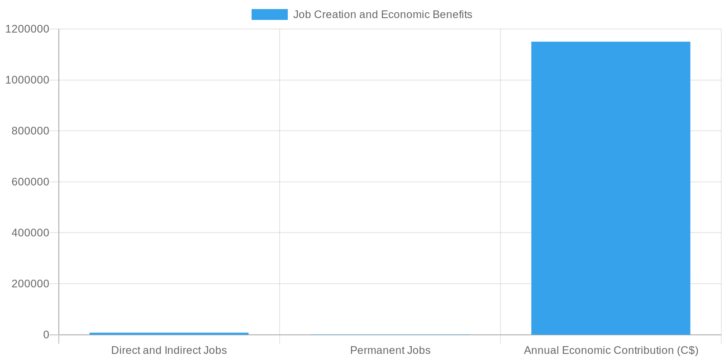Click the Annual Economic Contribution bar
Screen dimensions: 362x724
(x=610, y=188)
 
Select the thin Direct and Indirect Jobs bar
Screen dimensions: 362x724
(x=169, y=333)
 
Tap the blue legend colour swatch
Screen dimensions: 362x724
(x=269, y=14)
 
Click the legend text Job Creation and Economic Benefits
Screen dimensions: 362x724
(x=382, y=14)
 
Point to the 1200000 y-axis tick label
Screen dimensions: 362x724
(x=27, y=29)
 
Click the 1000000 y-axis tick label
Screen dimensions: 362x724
(x=27, y=80)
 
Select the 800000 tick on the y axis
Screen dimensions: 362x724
(x=30, y=131)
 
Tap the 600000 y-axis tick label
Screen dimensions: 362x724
(x=30, y=182)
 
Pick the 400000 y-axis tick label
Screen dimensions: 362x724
(x=30, y=233)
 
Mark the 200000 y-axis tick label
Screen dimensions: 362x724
(x=30, y=284)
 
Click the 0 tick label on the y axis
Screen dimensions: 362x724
(x=46, y=335)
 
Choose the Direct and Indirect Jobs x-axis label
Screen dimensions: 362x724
(x=169, y=350)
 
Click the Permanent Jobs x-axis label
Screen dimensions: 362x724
(x=390, y=350)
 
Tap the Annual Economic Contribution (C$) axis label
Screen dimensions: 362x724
(x=611, y=350)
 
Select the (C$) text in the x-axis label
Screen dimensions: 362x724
(x=688, y=350)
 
